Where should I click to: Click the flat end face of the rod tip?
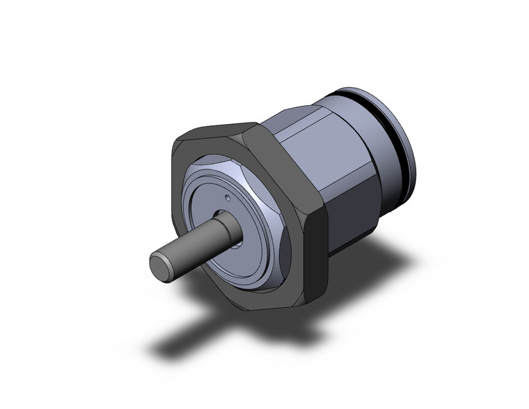tap(159, 265)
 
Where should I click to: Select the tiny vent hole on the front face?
tap(228, 199)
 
